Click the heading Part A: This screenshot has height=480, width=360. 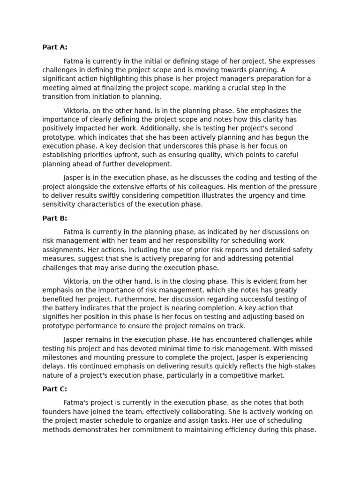pos(55,47)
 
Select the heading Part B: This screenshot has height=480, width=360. pos(55,218)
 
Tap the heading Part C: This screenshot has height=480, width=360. pos(55,389)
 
